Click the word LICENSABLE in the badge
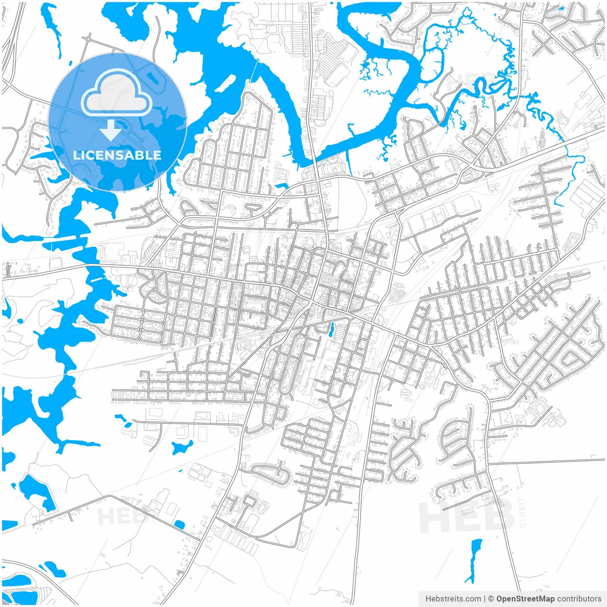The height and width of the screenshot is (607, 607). pyautogui.click(x=117, y=155)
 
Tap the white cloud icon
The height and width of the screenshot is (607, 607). pyautogui.click(x=117, y=93)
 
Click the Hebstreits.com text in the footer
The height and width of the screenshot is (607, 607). pyautogui.click(x=453, y=599)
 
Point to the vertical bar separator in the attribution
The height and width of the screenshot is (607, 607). pyautogui.click(x=484, y=599)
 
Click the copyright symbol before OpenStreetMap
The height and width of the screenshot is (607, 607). pyautogui.click(x=491, y=599)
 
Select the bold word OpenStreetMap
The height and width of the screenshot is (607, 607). pyautogui.click(x=525, y=599)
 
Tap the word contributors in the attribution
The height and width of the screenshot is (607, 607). pyautogui.click(x=579, y=599)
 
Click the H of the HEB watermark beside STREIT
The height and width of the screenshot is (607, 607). pyautogui.click(x=434, y=518)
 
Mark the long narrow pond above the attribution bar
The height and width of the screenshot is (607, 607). pyautogui.click(x=475, y=560)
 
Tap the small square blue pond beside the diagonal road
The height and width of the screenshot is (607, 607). pyautogui.click(x=179, y=524)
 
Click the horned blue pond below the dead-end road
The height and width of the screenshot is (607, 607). pyautogui.click(x=182, y=447)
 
